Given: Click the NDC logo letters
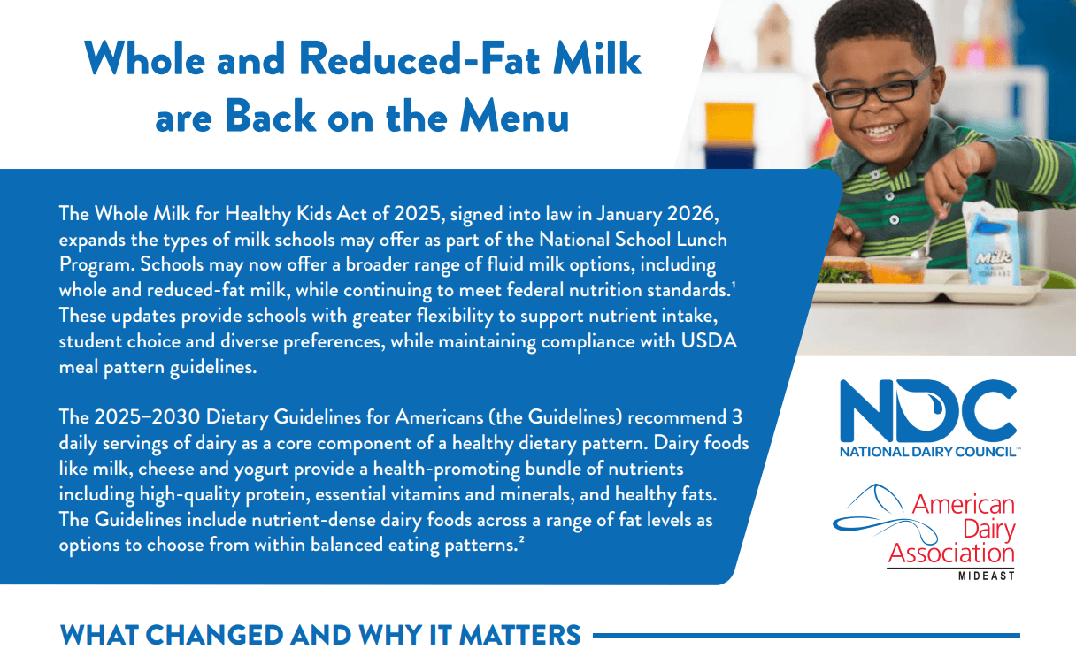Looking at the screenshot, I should click(927, 411).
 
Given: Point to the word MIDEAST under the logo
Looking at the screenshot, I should click(986, 576).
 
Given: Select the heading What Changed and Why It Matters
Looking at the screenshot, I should click(319, 635).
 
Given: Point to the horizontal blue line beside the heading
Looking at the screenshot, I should click(805, 635).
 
